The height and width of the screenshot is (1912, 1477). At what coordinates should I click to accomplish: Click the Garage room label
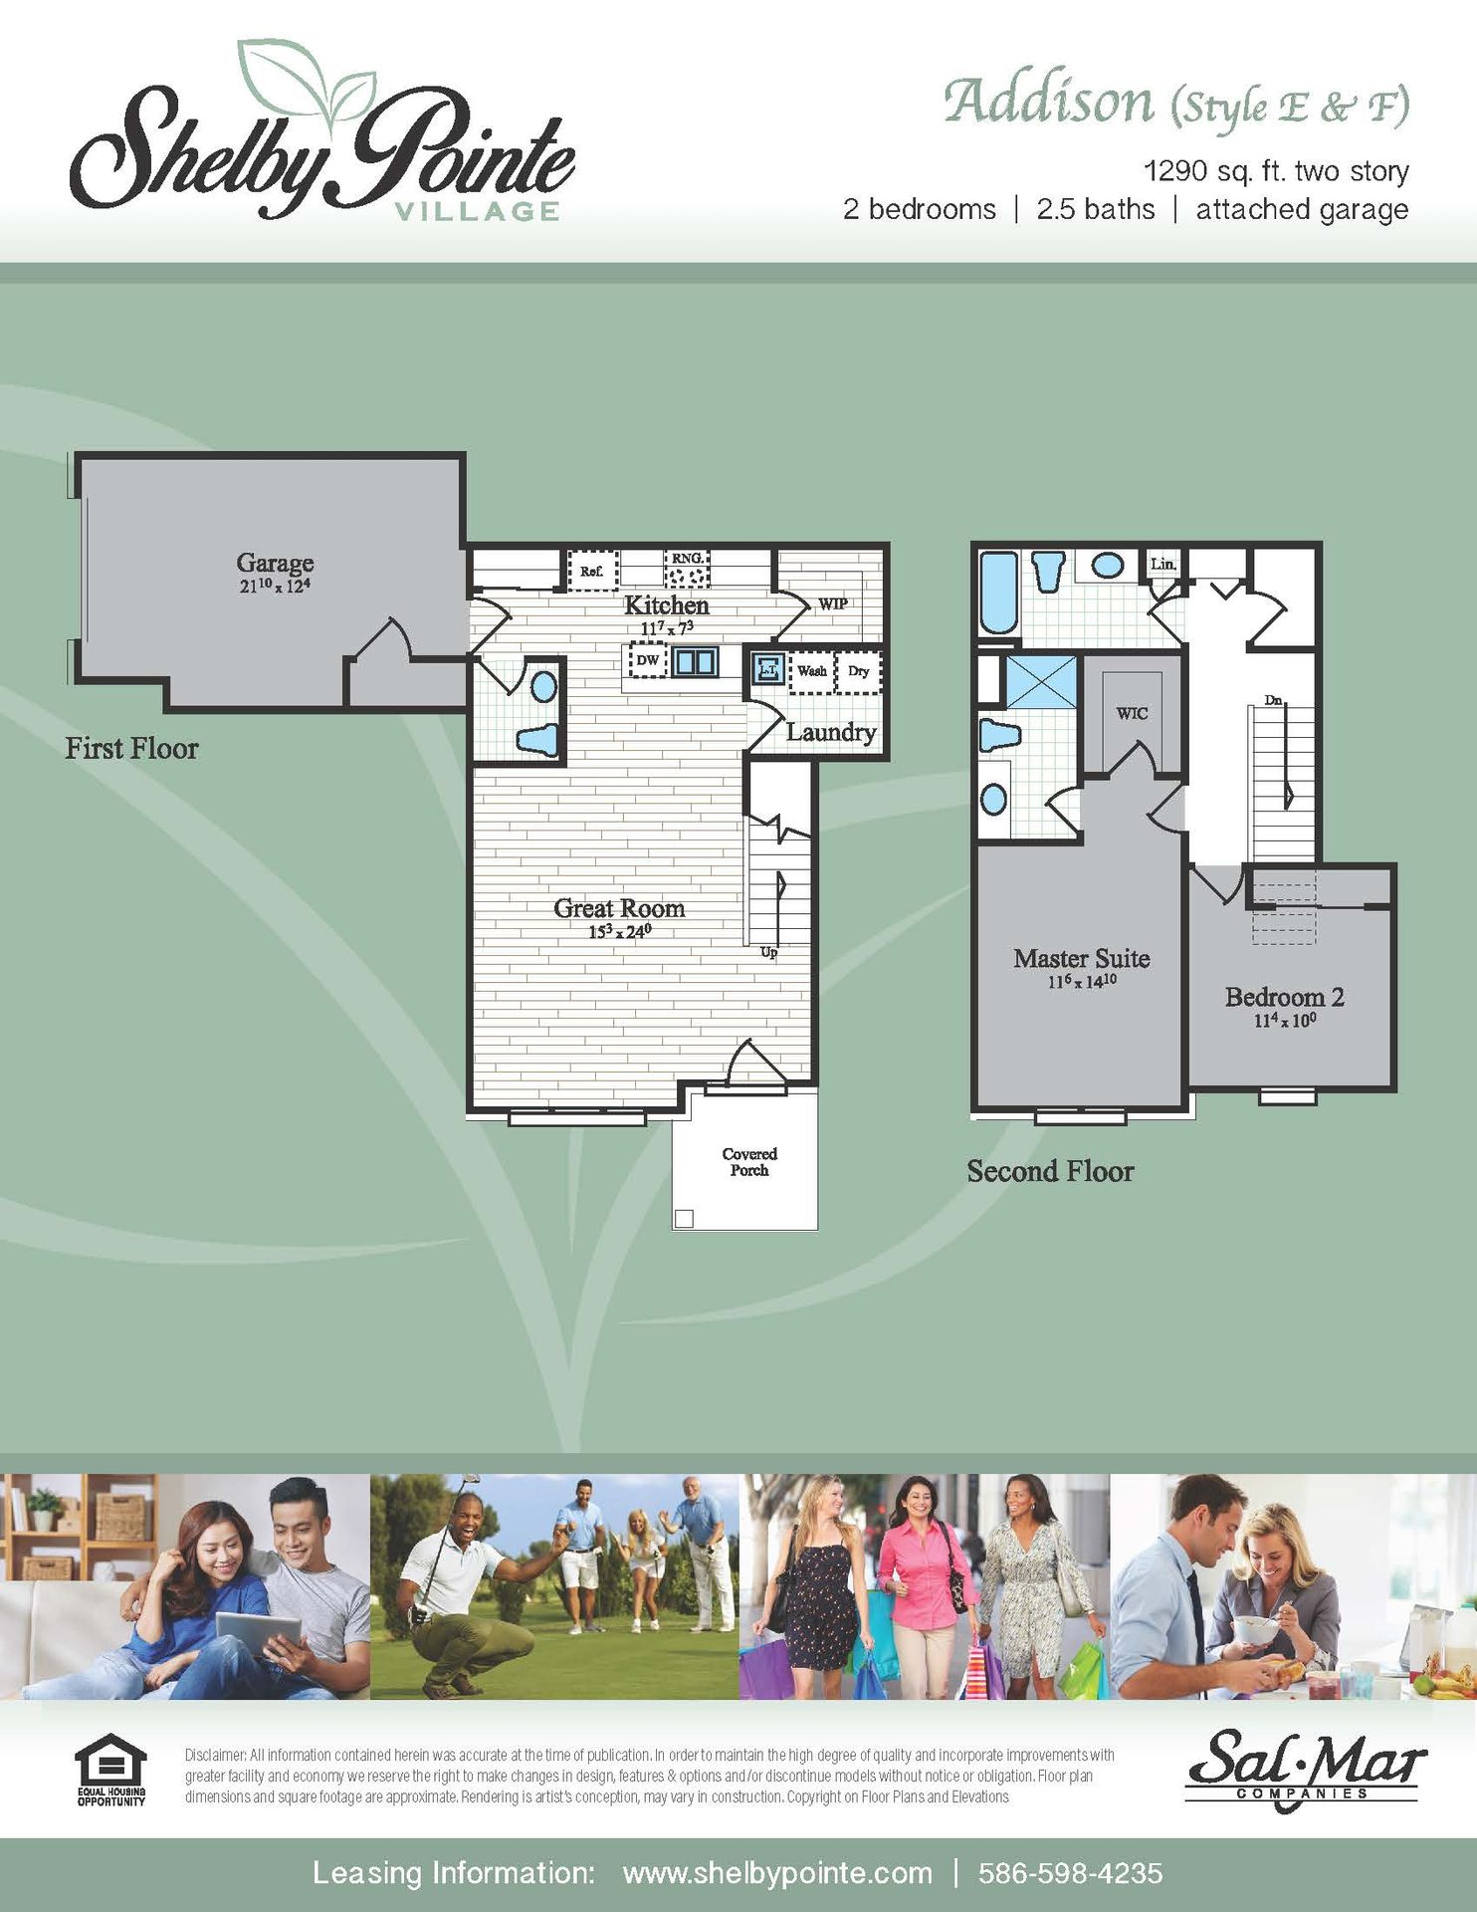coord(275,563)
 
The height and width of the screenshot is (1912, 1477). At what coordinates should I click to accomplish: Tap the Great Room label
coord(619,908)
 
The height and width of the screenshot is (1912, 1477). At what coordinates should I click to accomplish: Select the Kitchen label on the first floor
coord(667,605)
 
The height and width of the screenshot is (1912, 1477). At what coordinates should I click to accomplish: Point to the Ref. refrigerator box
coord(592,572)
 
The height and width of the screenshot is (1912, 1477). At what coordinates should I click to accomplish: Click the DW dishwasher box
coord(647,659)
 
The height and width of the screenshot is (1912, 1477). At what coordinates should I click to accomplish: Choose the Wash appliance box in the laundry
coord(811,671)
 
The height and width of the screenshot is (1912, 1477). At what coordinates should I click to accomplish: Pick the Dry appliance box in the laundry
coord(858,671)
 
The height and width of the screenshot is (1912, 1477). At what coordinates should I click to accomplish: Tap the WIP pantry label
coord(833,603)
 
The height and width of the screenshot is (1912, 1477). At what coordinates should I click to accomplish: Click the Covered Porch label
coord(749,1162)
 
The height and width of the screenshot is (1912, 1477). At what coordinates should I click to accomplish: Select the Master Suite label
coord(1082,958)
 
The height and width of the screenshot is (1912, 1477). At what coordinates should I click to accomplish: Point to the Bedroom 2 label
coord(1284,997)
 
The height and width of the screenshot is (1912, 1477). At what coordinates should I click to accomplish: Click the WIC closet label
coord(1132,713)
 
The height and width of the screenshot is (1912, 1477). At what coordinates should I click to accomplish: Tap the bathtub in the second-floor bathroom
coord(999,594)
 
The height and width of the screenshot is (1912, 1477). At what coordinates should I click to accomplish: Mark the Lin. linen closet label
coord(1163,564)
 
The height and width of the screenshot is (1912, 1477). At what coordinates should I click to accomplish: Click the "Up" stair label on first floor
coord(768,952)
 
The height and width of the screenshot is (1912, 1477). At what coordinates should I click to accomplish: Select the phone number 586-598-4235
coord(1070,1873)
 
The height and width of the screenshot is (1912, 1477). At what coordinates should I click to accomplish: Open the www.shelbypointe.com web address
coord(777,1873)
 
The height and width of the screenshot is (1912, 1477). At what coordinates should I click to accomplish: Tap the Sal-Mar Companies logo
coord(1305,1770)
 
